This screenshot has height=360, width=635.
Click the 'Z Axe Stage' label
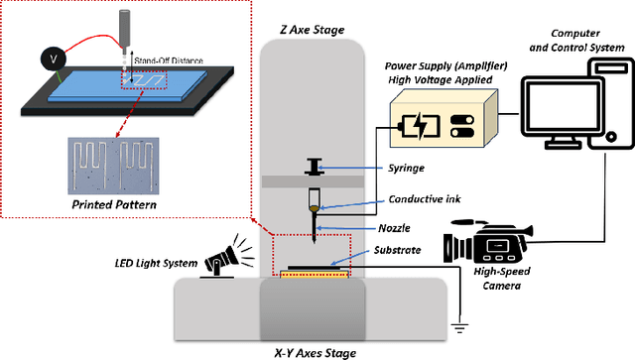coord(313,30)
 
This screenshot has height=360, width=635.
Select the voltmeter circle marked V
coord(56,60)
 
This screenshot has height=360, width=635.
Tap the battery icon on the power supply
coord(414,130)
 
